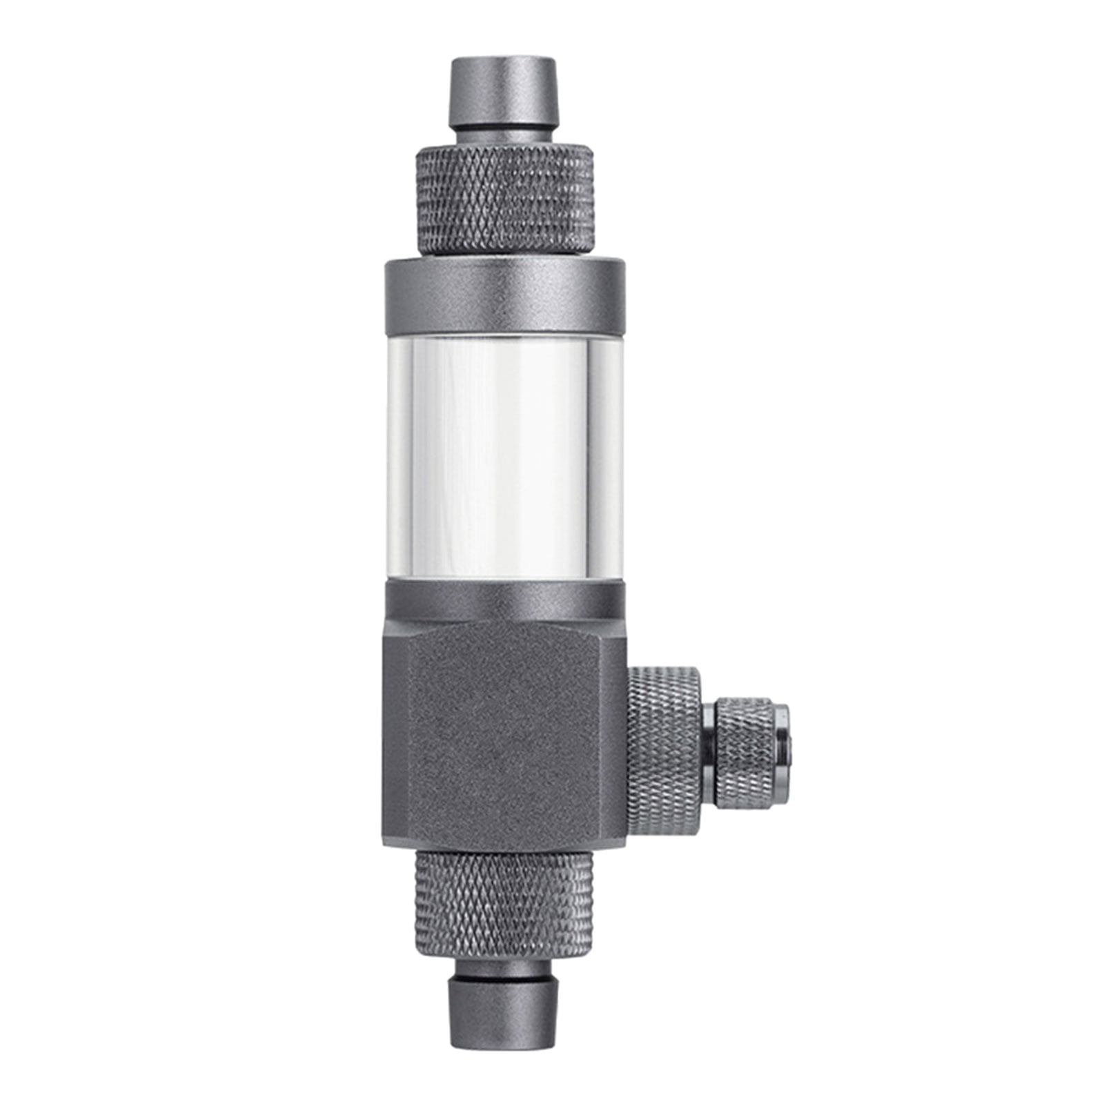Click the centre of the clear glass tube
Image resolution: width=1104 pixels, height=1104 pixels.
(504, 459)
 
